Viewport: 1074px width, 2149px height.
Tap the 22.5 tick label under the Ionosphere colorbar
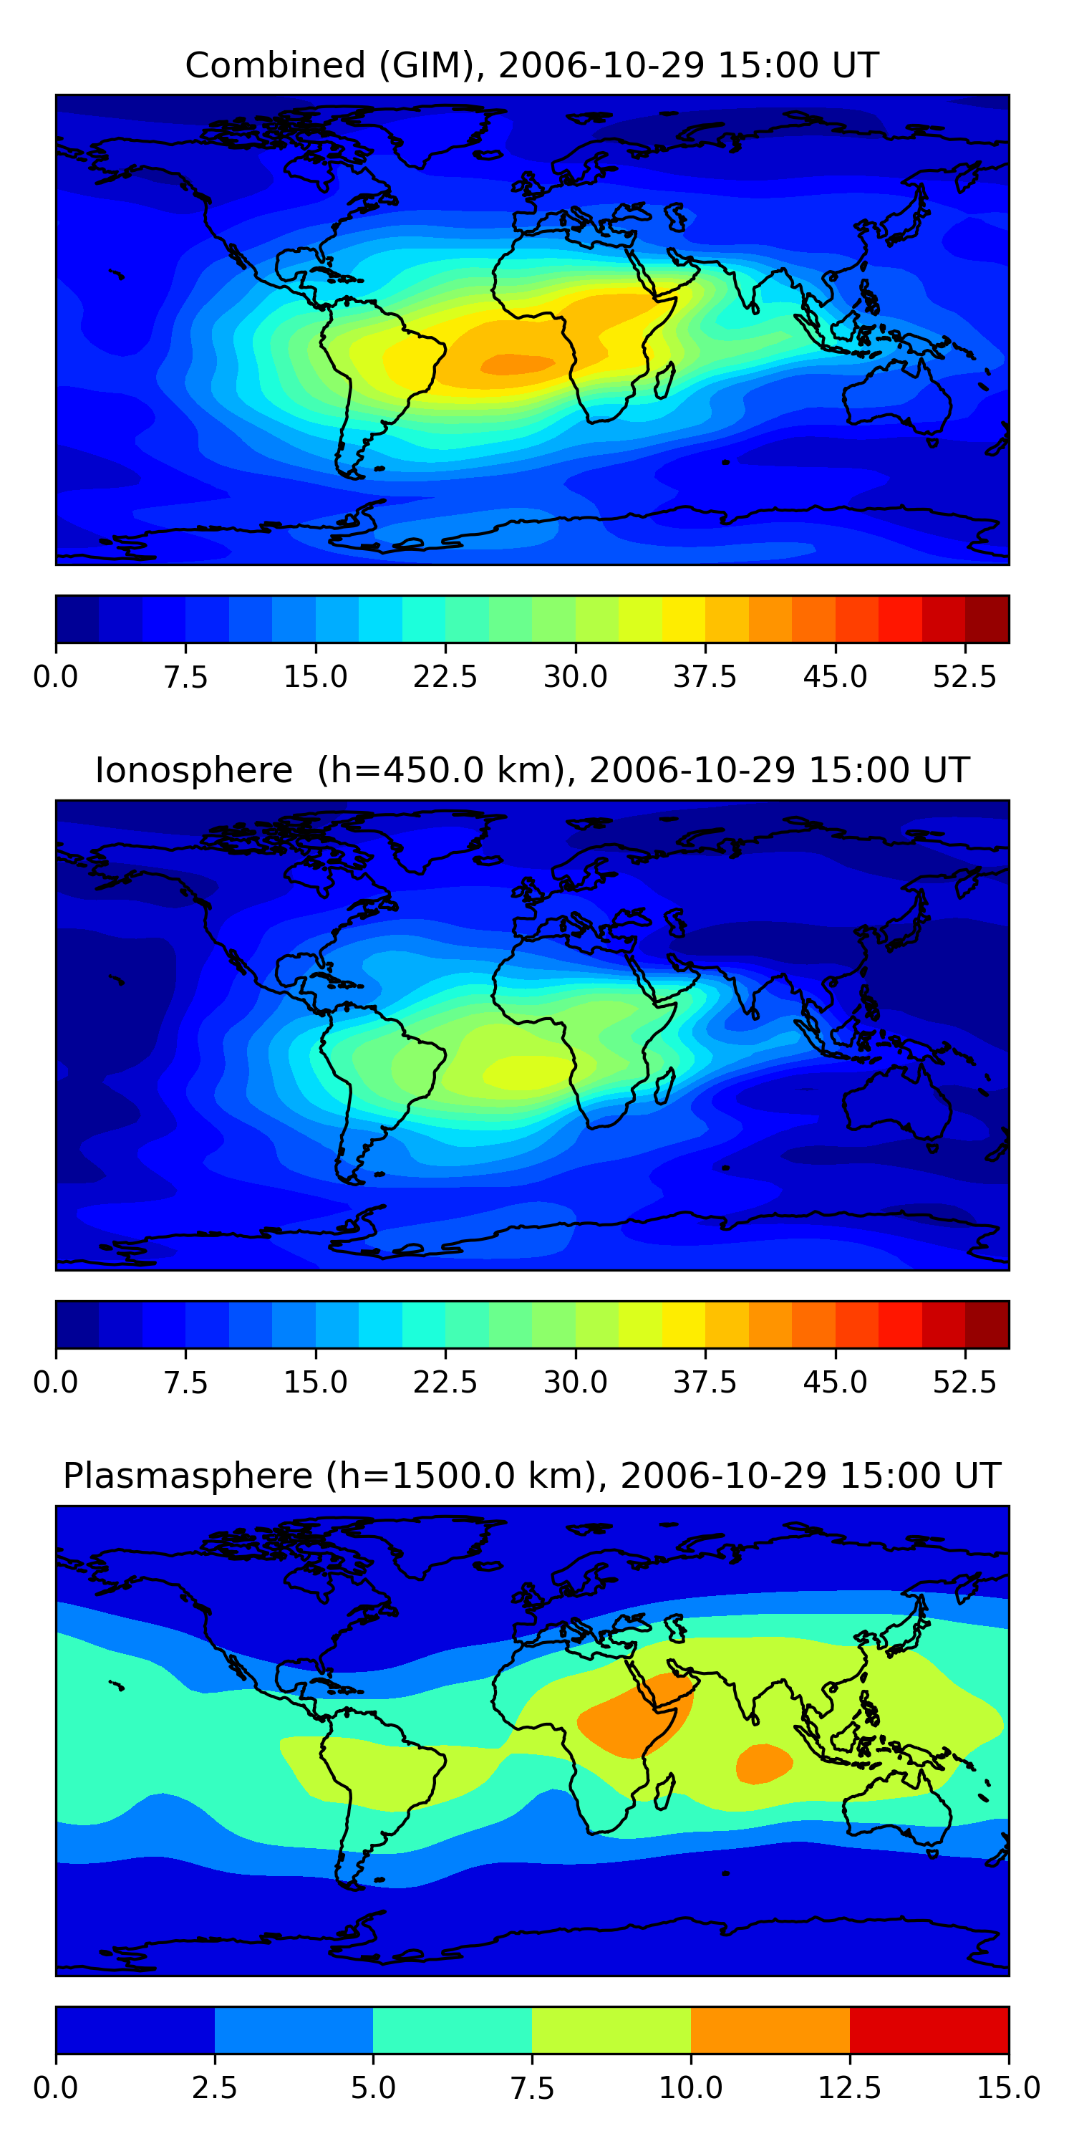(x=445, y=1383)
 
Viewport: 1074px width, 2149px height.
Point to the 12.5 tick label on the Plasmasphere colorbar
(x=850, y=2087)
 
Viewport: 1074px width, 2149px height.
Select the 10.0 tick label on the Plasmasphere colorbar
(x=690, y=2087)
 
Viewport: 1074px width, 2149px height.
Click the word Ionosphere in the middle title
(x=193, y=771)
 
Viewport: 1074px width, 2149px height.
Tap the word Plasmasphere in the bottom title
(x=188, y=1476)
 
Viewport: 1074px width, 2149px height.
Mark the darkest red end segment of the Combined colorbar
(x=987, y=619)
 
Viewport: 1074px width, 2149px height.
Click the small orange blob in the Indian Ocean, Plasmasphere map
(x=763, y=1764)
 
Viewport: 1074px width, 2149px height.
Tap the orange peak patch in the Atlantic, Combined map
(x=517, y=364)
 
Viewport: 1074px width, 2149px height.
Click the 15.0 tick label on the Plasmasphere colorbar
(x=1008, y=2087)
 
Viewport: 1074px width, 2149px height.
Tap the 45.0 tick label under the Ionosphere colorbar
(x=835, y=1383)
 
